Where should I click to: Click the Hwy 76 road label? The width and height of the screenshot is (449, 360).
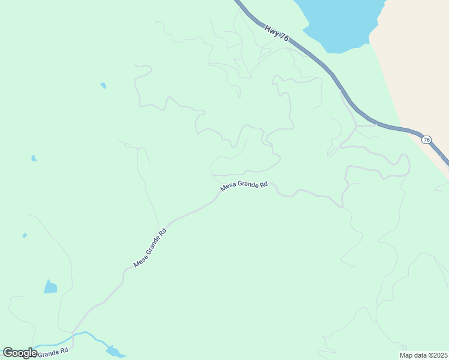(x=277, y=32)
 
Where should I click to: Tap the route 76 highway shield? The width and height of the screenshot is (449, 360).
(x=426, y=140)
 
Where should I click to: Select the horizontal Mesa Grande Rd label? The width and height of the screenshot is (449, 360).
(x=244, y=186)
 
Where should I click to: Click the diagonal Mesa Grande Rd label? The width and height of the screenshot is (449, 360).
(x=149, y=248)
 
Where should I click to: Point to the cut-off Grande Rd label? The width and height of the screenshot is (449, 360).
(x=55, y=352)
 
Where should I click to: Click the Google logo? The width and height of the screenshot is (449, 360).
(x=20, y=353)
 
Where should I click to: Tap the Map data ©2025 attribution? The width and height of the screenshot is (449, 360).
(x=423, y=355)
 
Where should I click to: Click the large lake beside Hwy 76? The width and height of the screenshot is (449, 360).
(x=339, y=24)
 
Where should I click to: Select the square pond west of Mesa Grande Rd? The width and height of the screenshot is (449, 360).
(x=50, y=287)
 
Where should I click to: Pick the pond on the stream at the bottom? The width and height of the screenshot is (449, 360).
(x=114, y=350)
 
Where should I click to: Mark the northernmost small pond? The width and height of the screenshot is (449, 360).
(x=103, y=85)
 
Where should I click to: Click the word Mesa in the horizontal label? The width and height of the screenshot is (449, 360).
(x=228, y=187)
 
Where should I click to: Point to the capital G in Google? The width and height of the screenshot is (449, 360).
(x=8, y=353)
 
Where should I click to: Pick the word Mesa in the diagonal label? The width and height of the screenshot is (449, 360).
(x=139, y=261)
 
